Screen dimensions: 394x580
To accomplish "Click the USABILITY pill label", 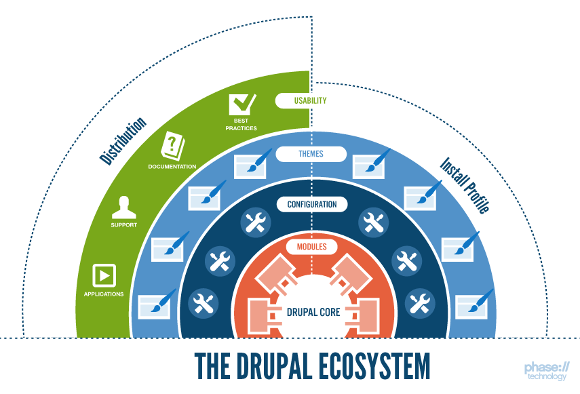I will (x=310, y=100).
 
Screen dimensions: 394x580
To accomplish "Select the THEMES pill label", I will (x=310, y=153).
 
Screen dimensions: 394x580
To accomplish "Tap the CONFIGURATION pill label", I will (x=311, y=204).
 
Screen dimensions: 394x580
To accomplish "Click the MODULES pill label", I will (x=311, y=246).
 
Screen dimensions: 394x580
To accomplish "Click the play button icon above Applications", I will (x=104, y=275).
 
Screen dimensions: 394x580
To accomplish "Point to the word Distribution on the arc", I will (x=123, y=141).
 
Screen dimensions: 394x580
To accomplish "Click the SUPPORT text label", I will (x=123, y=224).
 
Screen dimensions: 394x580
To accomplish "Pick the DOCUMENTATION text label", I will (x=172, y=166).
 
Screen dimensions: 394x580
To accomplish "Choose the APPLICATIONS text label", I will (x=104, y=294).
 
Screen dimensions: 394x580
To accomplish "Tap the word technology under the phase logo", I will (x=549, y=377).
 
